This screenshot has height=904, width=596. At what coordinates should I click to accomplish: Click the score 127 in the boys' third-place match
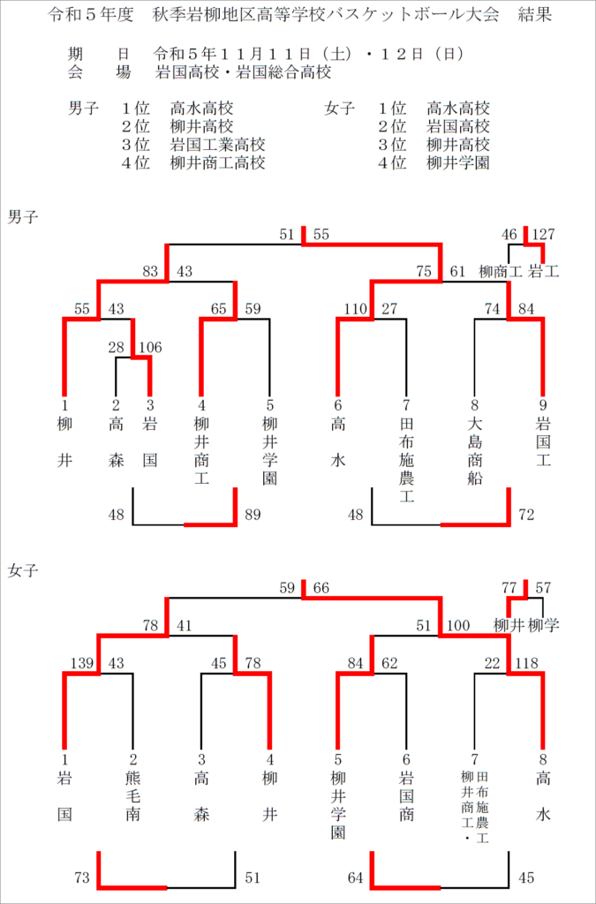pyautogui.click(x=544, y=234)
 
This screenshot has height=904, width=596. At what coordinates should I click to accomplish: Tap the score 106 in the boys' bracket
pyautogui.click(x=150, y=347)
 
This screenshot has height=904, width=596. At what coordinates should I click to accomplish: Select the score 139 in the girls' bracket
pyautogui.click(x=81, y=663)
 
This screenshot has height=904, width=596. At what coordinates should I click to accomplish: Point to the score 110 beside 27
pyautogui.click(x=355, y=309)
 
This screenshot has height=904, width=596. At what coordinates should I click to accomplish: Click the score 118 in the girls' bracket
pyautogui.click(x=526, y=663)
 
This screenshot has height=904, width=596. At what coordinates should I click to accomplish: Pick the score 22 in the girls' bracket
pyautogui.click(x=492, y=663)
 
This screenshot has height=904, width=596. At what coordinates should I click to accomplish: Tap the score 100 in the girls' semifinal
pyautogui.click(x=457, y=626)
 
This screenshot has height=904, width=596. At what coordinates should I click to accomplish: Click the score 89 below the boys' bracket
pyautogui.click(x=253, y=515)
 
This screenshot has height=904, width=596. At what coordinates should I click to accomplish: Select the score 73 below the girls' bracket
pyautogui.click(x=82, y=878)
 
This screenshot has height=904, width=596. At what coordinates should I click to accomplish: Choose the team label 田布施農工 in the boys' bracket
pyautogui.click(x=406, y=459)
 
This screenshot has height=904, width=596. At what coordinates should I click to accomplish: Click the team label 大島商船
pyautogui.click(x=474, y=451)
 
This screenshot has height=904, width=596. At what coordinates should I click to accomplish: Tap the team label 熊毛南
pyautogui.click(x=132, y=796)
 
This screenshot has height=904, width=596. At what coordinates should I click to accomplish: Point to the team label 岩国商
pyautogui.click(x=406, y=796)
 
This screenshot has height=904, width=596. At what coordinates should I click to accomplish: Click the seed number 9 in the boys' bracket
pyautogui.click(x=543, y=405)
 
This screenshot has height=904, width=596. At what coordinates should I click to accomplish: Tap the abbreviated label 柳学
pyautogui.click(x=544, y=625)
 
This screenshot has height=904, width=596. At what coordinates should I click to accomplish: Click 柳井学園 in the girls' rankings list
pyautogui.click(x=458, y=162)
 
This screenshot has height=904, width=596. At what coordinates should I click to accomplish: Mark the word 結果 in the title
pyautogui.click(x=534, y=14)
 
